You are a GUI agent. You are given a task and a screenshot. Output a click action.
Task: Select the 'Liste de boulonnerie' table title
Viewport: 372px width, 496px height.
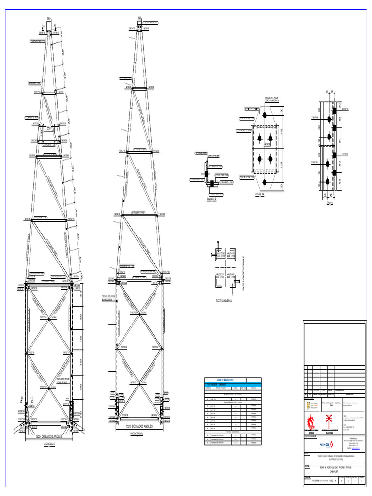click(x=226, y=380)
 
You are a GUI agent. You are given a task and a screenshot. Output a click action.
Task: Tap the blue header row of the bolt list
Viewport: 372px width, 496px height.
click(x=233, y=384)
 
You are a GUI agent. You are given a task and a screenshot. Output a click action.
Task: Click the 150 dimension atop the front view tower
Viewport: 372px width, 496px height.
click(x=49, y=19)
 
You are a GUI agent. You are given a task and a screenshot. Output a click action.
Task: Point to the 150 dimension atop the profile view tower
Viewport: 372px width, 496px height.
click(x=139, y=18)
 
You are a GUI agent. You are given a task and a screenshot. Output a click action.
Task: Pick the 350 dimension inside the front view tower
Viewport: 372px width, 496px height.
click(x=49, y=128)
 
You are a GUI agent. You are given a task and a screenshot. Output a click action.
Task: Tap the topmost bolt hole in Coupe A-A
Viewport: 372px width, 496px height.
click(x=265, y=115)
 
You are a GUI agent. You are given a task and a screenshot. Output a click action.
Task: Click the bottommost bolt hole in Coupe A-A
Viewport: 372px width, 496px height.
click(x=265, y=182)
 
